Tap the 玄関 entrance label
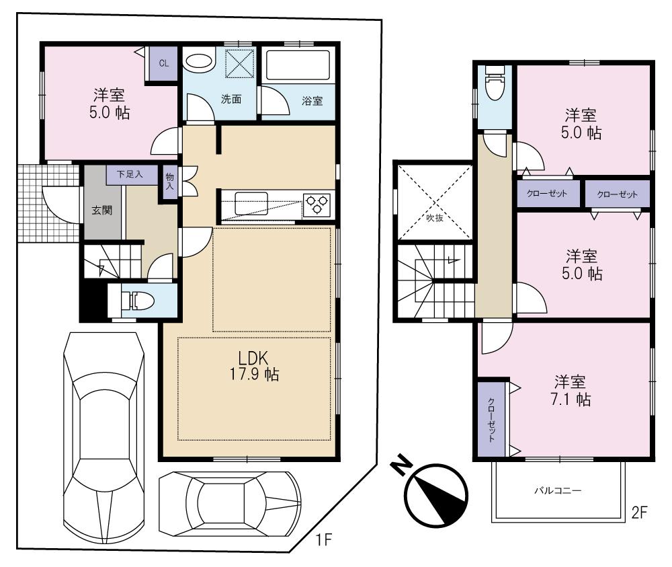[x=102, y=209]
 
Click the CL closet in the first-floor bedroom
[x=163, y=64]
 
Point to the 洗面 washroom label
[x=231, y=99]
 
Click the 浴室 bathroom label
[x=312, y=101]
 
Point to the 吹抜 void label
[x=435, y=217]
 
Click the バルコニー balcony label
[x=557, y=490]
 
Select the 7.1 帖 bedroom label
[x=573, y=391]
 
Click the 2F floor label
[x=638, y=513]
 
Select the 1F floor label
[x=325, y=539]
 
